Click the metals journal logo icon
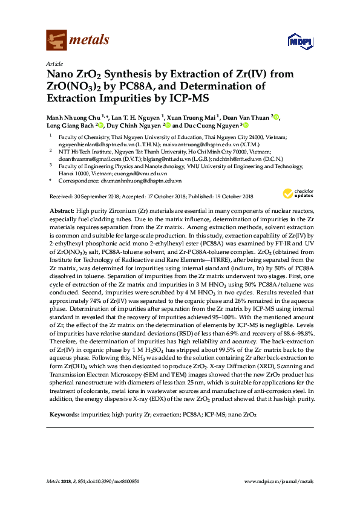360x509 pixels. (x=56, y=41)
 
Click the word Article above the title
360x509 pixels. (x=53, y=63)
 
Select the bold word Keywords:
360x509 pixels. (x=63, y=415)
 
